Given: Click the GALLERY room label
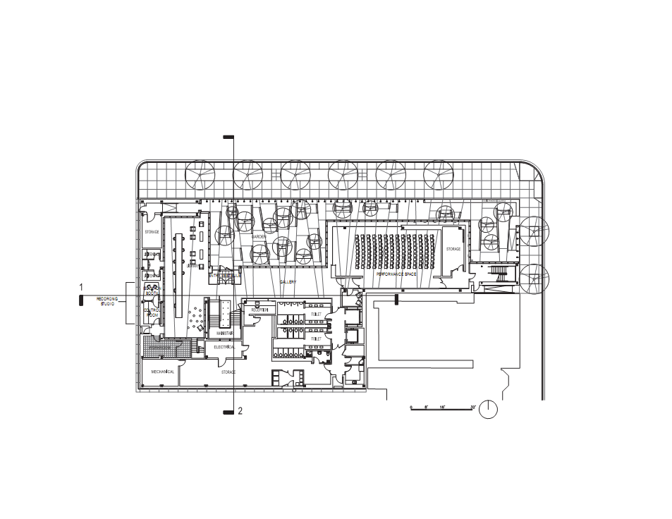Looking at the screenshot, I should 288,282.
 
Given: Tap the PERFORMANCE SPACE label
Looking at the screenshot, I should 396,274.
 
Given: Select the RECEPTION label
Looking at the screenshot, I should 259,310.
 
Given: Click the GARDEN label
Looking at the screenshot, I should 258,237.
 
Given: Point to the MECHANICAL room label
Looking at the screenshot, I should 162,372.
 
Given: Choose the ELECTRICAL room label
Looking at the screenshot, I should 224,347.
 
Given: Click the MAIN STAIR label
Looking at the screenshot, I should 225,333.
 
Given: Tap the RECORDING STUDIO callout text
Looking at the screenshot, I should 107,301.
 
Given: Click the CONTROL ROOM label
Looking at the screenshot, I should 152,312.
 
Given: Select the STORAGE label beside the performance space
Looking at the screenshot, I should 453,249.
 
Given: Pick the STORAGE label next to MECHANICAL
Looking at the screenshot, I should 228,372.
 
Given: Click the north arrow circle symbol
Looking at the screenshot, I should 489,410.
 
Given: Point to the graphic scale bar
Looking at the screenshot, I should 443,408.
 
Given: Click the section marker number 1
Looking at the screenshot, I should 81,288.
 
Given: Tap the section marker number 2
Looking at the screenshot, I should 240,411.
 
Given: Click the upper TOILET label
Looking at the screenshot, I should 316,315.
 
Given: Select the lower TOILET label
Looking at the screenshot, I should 316,339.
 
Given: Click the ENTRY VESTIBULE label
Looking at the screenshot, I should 224,276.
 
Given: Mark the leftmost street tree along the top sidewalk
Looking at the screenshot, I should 200,175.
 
